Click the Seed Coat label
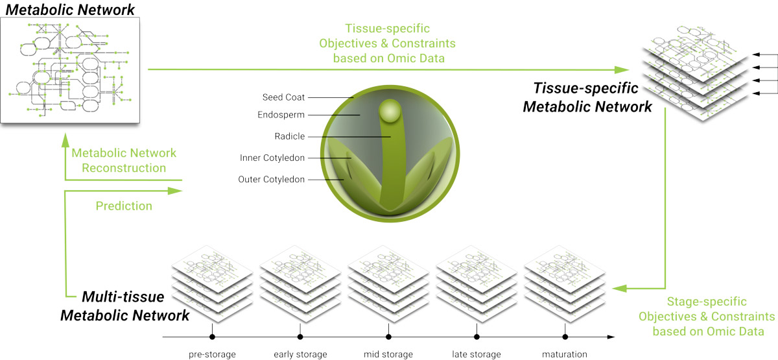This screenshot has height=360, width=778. [x=283, y=97]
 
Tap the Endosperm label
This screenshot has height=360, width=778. [x=281, y=115]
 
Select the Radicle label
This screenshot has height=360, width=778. [x=290, y=136]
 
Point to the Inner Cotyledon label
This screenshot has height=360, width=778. [x=272, y=158]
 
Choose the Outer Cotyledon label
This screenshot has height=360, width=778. [x=271, y=180]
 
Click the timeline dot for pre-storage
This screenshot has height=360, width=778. [x=212, y=337]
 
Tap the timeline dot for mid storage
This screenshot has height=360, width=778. [x=388, y=337]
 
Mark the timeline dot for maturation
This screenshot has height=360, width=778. [x=565, y=337]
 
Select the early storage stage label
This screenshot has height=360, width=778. [x=300, y=354]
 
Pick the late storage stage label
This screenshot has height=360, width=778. [x=477, y=354]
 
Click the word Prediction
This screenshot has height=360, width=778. [x=124, y=206]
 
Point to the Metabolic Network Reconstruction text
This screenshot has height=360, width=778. [x=124, y=161]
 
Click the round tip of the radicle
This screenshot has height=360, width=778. [x=390, y=111]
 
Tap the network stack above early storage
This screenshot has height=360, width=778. [x=300, y=283]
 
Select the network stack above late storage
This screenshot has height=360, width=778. [x=477, y=283]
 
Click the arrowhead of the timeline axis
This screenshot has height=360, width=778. [x=611, y=337]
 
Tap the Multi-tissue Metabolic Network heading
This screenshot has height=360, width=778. [x=125, y=306]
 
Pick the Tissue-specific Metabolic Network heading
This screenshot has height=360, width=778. [x=587, y=97]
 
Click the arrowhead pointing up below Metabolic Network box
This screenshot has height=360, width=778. [x=65, y=139]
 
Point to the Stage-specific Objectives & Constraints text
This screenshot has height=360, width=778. [x=707, y=317]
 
